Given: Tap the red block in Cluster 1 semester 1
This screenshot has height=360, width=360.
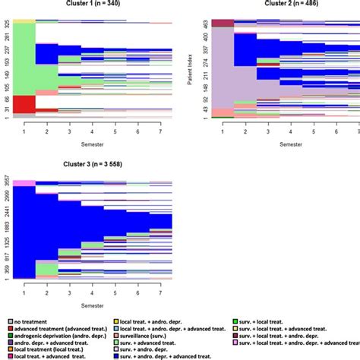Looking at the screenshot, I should click(24, 104).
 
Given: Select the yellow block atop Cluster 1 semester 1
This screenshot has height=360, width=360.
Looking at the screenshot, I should click(24, 21).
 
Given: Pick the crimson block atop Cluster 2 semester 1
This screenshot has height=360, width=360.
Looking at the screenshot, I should click(222, 24).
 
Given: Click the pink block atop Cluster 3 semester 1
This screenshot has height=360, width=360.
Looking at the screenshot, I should click(24, 183).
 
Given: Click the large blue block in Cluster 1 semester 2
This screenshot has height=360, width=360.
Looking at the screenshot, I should click(47, 54).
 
